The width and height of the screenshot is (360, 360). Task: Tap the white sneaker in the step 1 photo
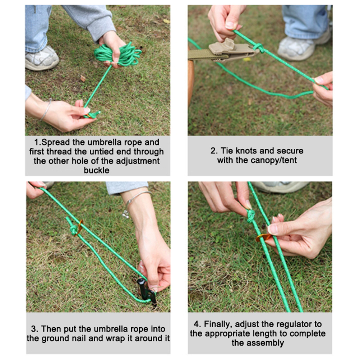coord(42,58)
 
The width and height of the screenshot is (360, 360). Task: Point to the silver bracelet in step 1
coord(46,109)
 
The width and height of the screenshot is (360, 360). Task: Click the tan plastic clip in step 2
coord(231,50)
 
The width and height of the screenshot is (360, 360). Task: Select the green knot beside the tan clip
coord(259,48)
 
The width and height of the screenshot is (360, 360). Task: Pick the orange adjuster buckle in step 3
coord(79,228)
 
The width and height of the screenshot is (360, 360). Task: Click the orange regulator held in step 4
coord(263,237)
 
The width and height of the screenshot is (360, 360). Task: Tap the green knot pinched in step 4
coord(251,216)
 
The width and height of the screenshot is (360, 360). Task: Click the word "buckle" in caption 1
coord(96,170)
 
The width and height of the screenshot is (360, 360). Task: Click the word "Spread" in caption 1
coord(56,142)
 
